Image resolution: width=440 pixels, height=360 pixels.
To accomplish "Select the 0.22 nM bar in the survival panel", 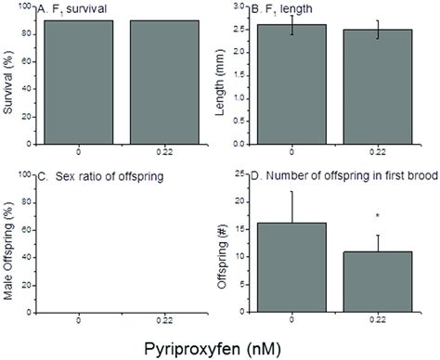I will [174, 79].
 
